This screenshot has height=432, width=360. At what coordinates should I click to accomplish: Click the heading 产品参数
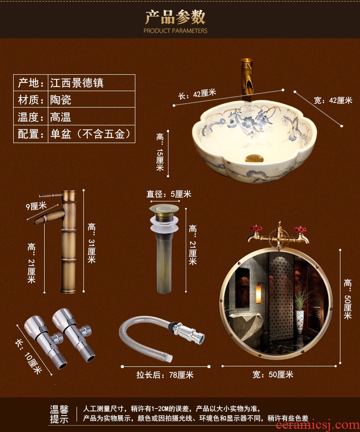point(175,17)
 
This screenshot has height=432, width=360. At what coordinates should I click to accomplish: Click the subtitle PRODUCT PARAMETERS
point(175,31)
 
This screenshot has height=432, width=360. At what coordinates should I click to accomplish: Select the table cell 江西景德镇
point(77,82)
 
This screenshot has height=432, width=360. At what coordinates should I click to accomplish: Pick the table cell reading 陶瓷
point(61,100)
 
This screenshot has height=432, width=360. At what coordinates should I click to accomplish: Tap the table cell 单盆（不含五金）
point(90,134)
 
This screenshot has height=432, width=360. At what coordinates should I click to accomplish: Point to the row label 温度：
point(31,117)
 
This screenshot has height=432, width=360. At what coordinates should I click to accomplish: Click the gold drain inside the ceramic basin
point(254,158)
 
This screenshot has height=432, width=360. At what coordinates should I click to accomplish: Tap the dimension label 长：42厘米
point(197,94)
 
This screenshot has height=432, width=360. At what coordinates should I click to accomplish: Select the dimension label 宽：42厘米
point(333,100)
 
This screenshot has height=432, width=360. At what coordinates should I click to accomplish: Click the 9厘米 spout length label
point(36,206)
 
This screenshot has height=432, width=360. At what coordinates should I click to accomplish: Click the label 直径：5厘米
point(169,194)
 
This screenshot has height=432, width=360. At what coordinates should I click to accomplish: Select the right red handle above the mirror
point(300,229)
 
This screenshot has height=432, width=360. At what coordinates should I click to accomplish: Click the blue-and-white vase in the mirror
point(299,322)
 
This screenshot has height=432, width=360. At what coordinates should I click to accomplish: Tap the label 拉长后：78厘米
point(165,375)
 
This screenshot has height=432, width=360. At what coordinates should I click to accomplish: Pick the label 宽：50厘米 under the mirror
point(273,375)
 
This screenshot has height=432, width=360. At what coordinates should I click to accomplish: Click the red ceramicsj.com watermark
point(318,425)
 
